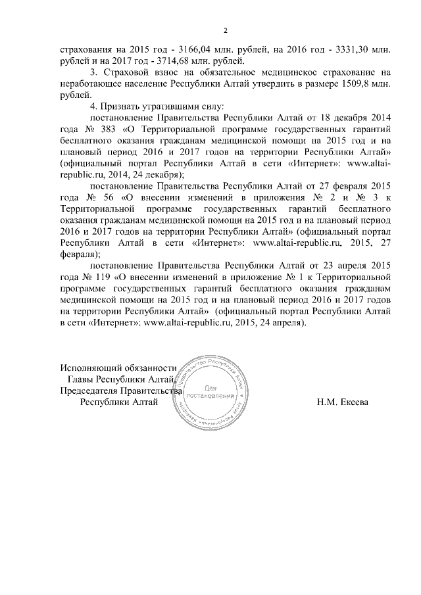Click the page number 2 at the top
225,31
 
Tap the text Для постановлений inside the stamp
211,391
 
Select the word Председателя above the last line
92,391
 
